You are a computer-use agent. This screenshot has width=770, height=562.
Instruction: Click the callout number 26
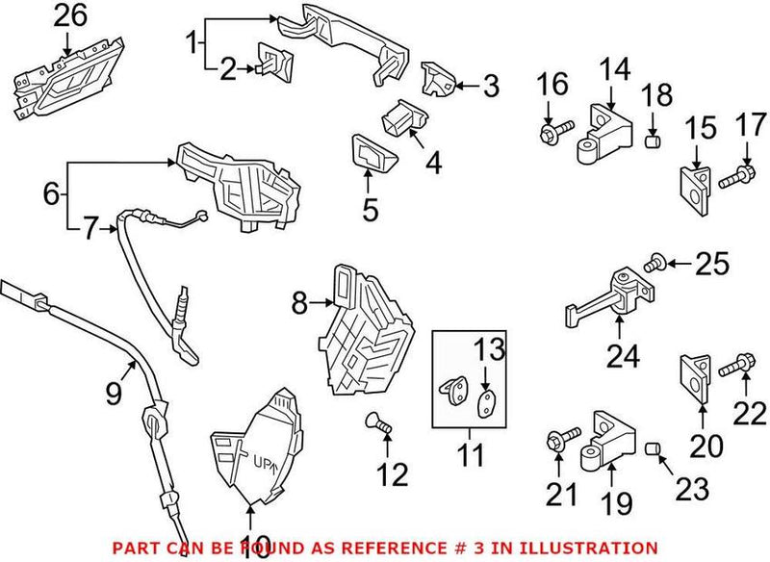point(69,15)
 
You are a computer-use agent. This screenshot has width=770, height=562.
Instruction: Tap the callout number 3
point(490,87)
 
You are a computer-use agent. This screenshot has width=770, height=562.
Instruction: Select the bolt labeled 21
point(561,441)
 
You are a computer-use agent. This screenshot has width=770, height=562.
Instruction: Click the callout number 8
point(298,305)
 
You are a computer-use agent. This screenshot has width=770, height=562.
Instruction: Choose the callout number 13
point(488,346)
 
